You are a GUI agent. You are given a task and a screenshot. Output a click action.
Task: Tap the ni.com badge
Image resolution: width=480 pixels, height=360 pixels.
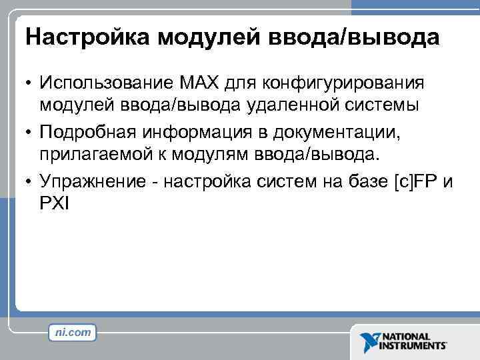pos(73,331)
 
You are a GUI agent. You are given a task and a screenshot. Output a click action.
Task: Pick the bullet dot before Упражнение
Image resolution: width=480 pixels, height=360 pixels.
pos(29,181)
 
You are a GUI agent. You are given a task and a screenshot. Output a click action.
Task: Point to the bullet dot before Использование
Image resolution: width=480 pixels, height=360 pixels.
pos(29,83)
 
